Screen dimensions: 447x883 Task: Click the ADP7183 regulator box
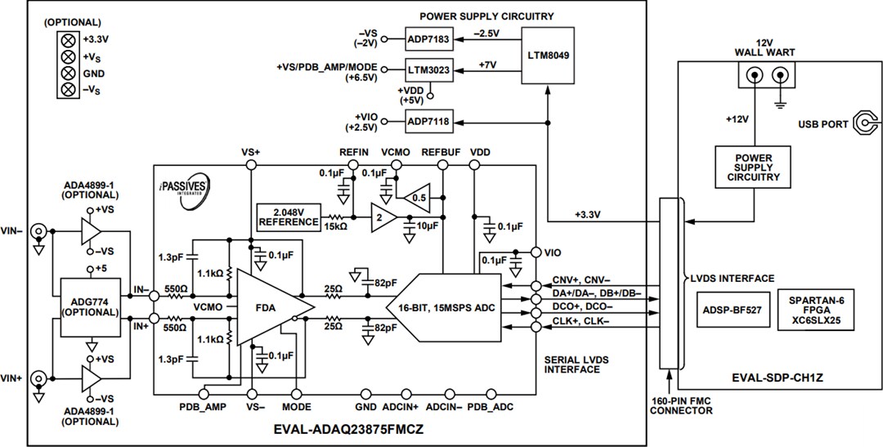(x=428, y=39)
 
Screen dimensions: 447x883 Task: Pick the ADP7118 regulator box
(x=428, y=122)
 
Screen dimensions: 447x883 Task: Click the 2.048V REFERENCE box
(x=289, y=216)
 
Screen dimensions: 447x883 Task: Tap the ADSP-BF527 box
(x=731, y=310)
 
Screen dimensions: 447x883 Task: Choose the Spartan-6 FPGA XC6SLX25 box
(x=818, y=310)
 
